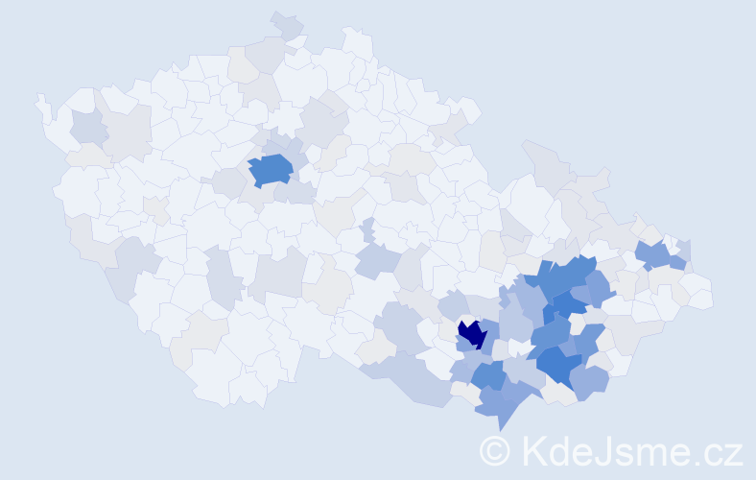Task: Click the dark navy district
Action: pos(471,333)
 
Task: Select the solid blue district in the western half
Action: pos(271,169)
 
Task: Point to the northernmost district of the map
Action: pos(286,23)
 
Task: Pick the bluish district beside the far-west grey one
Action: pos(88,126)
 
